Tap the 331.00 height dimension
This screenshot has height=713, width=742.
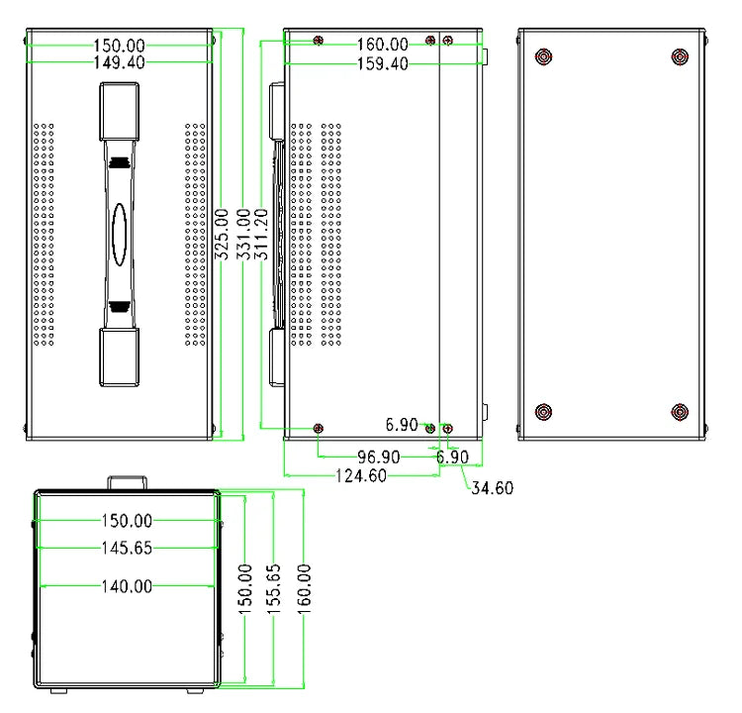(242, 234)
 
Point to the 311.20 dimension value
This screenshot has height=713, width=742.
(262, 234)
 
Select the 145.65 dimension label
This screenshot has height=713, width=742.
(127, 547)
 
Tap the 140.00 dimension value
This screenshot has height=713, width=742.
(127, 586)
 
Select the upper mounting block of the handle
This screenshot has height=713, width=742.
(119, 113)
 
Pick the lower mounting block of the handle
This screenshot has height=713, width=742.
(119, 356)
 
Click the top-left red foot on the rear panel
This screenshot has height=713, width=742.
(542, 56)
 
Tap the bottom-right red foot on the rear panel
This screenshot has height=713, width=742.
(679, 412)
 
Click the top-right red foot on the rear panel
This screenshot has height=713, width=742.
(679, 56)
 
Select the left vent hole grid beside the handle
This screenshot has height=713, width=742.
(44, 235)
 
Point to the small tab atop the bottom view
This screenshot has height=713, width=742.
(128, 481)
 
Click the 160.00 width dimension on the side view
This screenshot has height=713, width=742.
(382, 45)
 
